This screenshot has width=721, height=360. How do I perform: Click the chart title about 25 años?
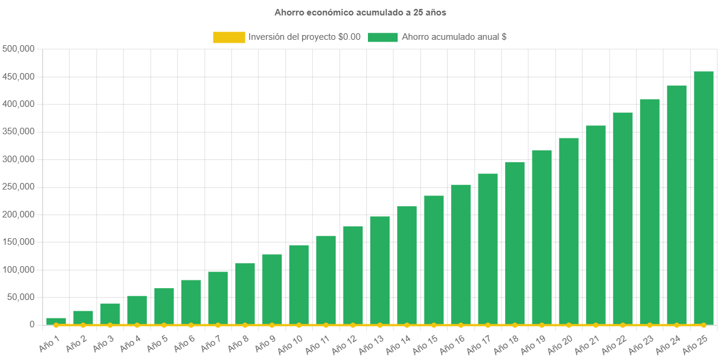coord(360,12)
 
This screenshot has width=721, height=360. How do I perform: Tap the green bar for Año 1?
coord(56,321)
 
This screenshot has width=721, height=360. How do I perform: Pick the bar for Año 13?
coord(380,270)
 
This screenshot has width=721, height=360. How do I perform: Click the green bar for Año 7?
coord(218,298)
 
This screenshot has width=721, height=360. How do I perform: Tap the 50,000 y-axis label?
coord(21,297)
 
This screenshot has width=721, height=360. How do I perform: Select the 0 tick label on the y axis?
coord(32,324)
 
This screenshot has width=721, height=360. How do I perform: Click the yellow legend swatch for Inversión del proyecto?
coord(229,37)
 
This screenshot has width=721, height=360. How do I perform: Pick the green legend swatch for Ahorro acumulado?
coord(382,37)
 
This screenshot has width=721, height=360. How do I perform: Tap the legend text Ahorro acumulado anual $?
coord(454,37)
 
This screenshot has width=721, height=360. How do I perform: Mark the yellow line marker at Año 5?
coord(164,325)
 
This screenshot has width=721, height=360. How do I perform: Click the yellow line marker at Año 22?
coord(622,325)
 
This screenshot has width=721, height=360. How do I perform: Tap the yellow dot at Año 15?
coord(434,325)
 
